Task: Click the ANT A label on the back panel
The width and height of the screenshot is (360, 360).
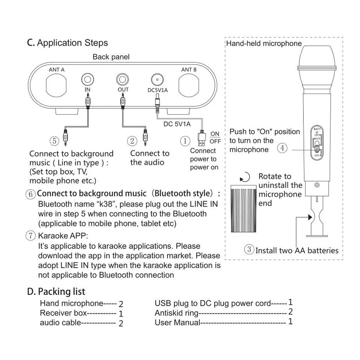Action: tap(56, 70)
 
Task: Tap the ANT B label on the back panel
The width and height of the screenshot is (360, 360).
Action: tap(189, 70)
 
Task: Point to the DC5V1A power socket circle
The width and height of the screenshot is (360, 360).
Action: tap(157, 79)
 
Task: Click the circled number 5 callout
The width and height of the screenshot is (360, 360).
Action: tap(54, 141)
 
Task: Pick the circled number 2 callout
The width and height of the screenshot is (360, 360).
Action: tap(132, 141)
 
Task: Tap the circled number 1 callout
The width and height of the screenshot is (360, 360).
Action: tap(185, 141)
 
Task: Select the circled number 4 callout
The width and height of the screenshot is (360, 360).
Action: tap(282, 148)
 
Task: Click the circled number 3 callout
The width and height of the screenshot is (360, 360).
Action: tap(249, 250)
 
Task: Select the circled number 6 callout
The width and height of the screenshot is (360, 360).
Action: tap(31, 194)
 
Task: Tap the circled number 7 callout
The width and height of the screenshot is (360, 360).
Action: tap(31, 236)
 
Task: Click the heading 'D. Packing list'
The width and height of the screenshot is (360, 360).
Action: tap(56, 291)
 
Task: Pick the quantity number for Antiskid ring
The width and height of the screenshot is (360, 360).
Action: tap(290, 312)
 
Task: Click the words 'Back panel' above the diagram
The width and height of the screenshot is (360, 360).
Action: tap(111, 57)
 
